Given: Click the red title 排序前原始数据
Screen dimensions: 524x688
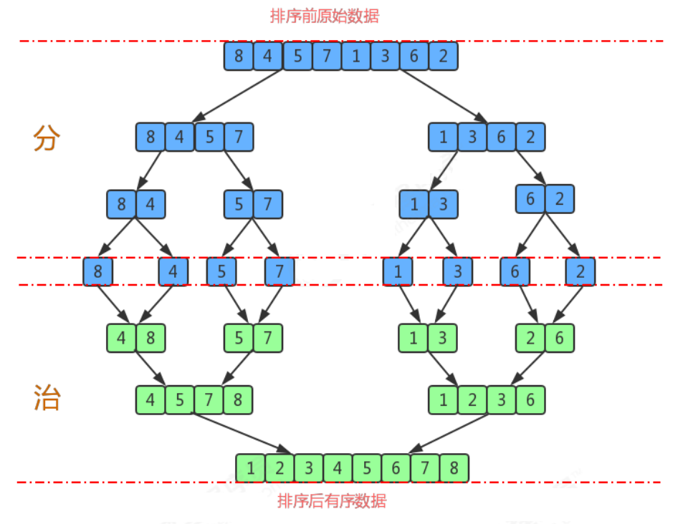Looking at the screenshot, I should point(324,16).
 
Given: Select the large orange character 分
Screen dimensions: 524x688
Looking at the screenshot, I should point(46,139).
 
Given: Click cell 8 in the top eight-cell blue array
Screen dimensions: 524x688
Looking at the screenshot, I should point(239,56).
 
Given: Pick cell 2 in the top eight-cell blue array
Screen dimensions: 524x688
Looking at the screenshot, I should point(444,56).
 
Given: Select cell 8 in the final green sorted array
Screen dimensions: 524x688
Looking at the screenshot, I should point(454,468).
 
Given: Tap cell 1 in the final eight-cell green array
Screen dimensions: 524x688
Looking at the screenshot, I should point(251,468).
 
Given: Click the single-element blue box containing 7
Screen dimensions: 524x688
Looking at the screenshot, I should point(279,272).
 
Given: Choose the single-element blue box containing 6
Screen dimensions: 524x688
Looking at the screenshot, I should point(515,272).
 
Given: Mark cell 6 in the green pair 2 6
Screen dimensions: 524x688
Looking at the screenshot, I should point(560,338).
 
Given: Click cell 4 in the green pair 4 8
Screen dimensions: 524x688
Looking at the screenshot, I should point(121,338).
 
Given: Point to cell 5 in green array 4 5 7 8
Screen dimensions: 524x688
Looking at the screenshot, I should point(179,399).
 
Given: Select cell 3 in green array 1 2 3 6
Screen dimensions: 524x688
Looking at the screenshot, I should point(501,399).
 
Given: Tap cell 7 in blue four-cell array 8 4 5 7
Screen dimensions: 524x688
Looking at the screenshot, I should point(238,137).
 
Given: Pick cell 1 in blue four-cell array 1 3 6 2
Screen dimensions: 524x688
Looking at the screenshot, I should point(443,137).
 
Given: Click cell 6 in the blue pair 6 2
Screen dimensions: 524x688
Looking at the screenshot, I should point(530,199).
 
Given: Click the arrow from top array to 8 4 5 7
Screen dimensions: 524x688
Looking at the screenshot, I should point(236,95).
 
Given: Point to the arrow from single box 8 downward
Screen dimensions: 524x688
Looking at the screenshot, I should point(113,304).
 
